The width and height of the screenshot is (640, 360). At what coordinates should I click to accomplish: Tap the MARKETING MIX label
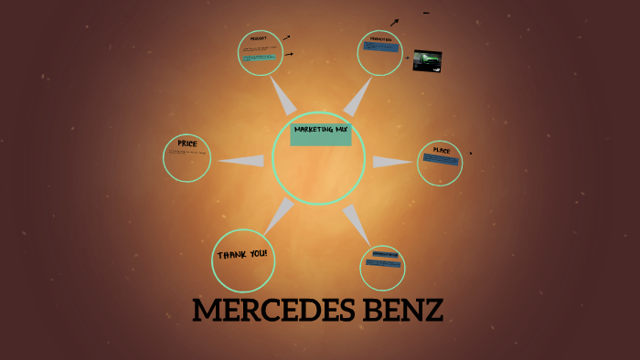tap(321, 130)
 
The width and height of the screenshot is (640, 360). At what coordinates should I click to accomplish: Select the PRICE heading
tap(187, 143)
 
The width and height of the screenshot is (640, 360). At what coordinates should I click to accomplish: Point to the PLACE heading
tap(442, 150)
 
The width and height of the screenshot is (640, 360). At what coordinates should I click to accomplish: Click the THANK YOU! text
tap(242, 254)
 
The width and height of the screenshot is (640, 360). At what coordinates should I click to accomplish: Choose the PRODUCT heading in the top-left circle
tap(258, 39)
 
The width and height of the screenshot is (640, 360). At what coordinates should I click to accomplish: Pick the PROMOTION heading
tap(380, 39)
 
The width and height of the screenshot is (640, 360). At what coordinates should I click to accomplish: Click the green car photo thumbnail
tap(428, 60)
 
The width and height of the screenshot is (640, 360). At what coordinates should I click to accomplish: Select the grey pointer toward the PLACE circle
tap(391, 162)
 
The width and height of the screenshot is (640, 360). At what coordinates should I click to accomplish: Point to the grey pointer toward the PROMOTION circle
tap(357, 95)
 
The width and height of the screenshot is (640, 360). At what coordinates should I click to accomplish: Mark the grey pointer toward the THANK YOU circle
tap(279, 216)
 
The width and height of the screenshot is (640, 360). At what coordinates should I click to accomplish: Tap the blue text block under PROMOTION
tap(380, 47)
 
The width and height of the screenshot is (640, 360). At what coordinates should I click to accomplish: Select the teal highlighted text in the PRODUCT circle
tap(259, 58)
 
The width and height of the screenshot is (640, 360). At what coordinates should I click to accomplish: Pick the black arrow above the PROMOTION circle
tap(394, 22)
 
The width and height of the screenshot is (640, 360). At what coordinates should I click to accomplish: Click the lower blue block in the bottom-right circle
tap(382, 264)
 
